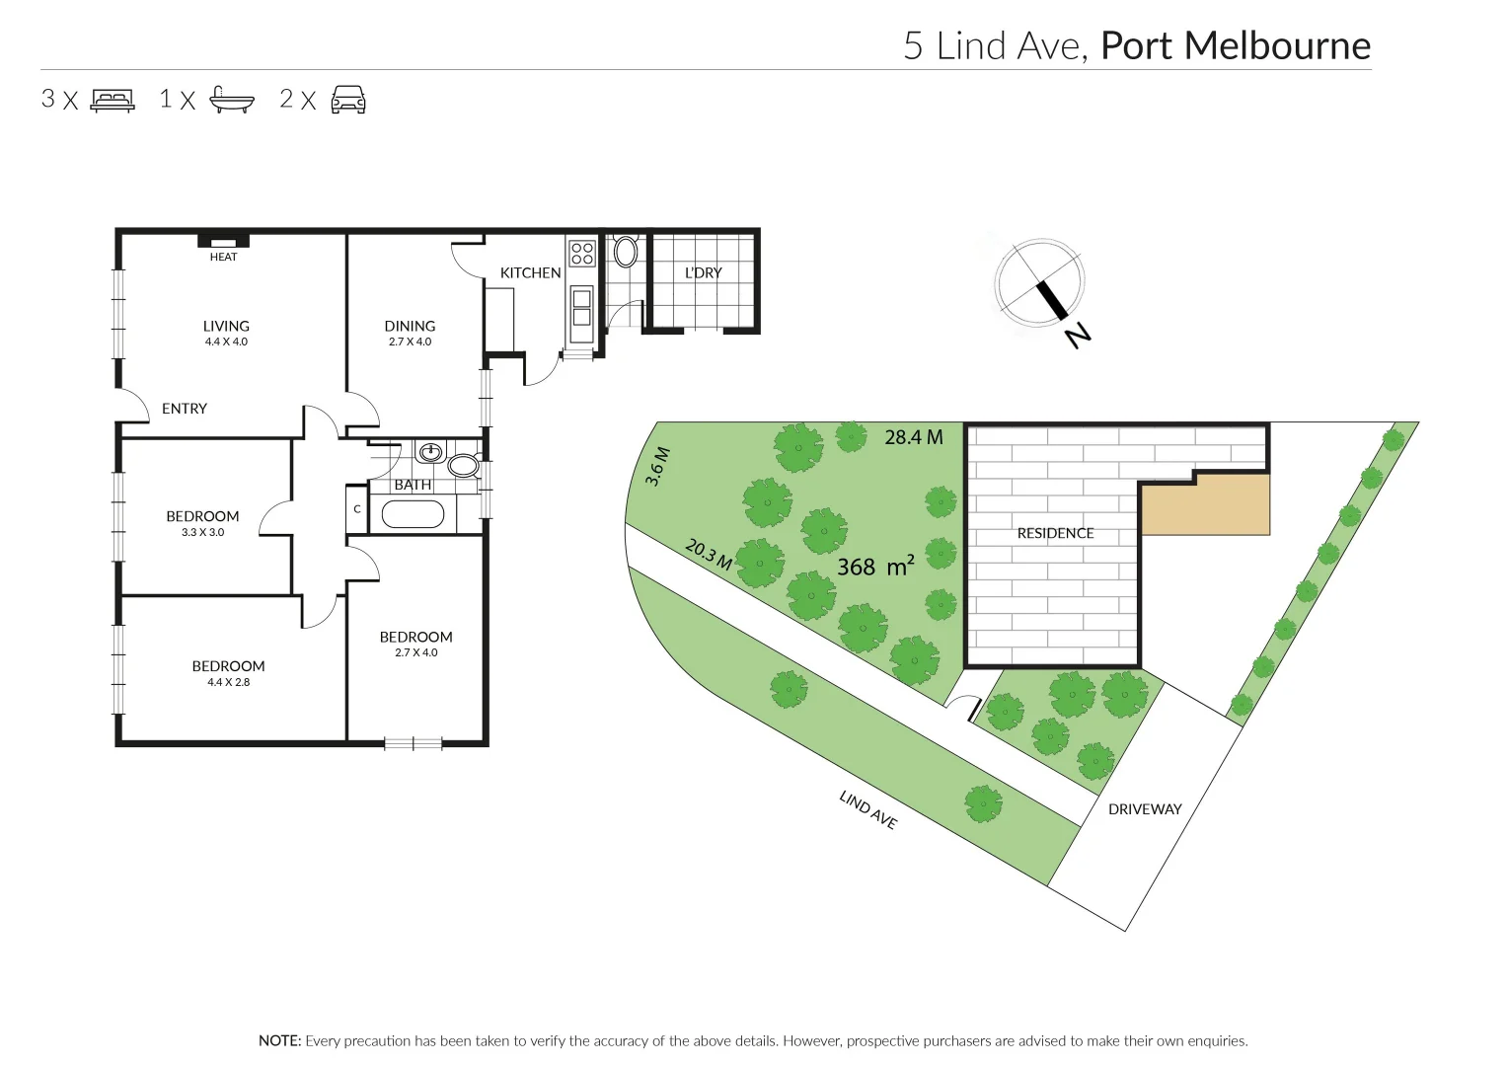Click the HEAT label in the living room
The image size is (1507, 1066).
[x=223, y=257]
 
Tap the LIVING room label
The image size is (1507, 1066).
[x=226, y=326]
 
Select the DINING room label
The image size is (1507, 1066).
[x=410, y=326]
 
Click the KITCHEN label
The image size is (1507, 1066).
[x=530, y=272]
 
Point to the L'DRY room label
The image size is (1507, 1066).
[x=703, y=272]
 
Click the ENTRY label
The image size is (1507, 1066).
[x=185, y=408]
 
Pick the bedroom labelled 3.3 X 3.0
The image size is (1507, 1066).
[x=202, y=532]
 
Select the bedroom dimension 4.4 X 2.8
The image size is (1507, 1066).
[x=228, y=682]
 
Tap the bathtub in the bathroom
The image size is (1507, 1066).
[x=413, y=514]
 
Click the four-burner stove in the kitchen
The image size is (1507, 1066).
[x=581, y=253]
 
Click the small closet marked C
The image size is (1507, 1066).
[x=356, y=509]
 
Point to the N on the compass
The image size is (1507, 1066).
[x=1078, y=336]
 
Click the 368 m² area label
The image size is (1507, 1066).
[x=874, y=567]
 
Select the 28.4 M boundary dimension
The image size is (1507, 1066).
[x=913, y=436]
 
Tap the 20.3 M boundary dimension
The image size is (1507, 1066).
[x=708, y=555]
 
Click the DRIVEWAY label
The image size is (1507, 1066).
[x=1144, y=808]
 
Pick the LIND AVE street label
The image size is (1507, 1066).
[x=867, y=810]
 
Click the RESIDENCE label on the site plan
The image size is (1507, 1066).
[x=1055, y=533]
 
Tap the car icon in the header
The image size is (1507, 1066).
[x=347, y=100]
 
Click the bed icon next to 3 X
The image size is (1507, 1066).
[x=113, y=100]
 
